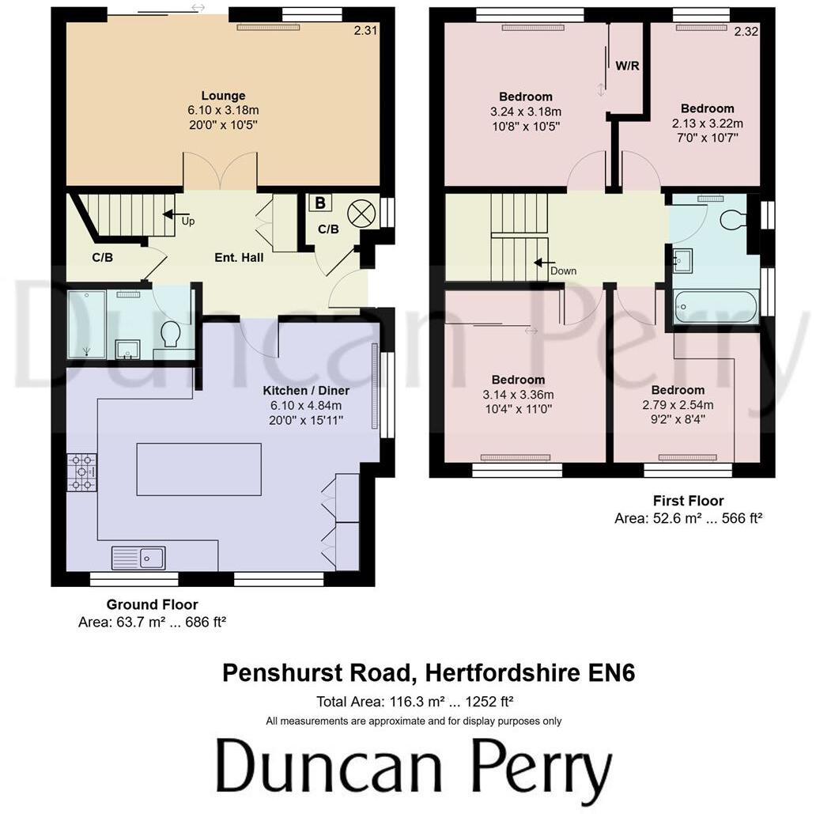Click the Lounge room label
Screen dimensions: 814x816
point(223,96)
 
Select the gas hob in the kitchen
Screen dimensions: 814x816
point(81,472)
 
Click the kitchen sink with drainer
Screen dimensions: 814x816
point(138,558)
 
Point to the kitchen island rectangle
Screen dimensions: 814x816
point(199,469)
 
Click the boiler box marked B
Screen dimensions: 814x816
point(320,203)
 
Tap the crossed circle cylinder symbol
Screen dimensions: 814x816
point(361,212)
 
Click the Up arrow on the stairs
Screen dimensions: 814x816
point(171,214)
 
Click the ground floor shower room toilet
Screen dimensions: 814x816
point(170,335)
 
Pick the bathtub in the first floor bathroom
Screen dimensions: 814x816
point(716,306)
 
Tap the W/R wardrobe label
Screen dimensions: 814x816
point(627,66)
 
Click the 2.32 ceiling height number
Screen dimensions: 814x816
point(746,32)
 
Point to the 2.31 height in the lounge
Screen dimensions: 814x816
point(365,30)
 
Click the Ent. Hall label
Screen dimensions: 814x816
point(239,257)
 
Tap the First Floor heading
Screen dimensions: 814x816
point(688,501)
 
